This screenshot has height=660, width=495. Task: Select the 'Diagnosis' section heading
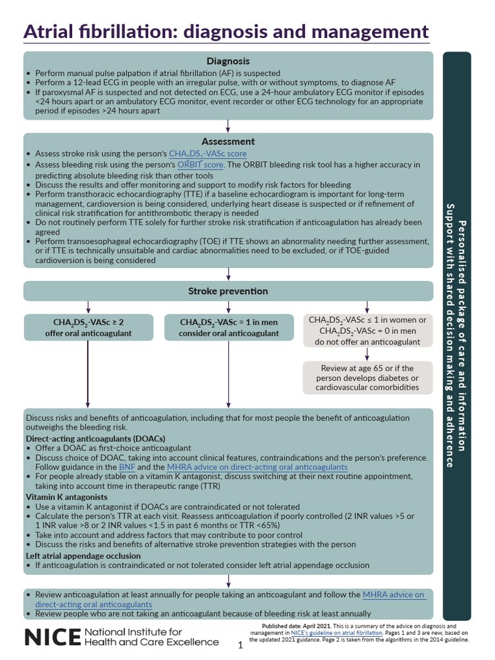228,61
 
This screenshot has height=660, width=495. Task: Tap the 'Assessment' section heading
228,141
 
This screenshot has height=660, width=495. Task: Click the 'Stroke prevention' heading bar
228,291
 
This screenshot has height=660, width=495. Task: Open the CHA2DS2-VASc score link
208,154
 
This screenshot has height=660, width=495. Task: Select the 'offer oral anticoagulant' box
88,327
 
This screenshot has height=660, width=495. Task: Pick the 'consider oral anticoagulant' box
229,327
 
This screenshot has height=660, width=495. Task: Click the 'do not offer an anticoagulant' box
367,331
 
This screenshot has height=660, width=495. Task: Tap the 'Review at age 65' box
367,378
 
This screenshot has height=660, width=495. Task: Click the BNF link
126,467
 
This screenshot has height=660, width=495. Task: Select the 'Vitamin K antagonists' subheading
68,498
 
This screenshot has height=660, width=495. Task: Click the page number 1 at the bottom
240,645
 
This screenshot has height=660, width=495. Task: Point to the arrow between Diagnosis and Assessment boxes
228,126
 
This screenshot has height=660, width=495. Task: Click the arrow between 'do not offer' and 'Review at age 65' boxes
367,354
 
